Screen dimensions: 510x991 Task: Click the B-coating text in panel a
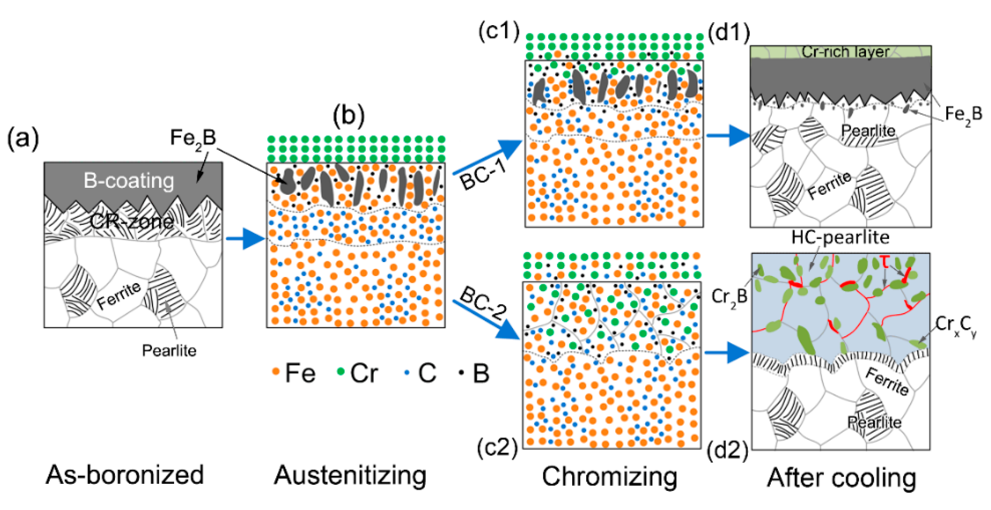coord(129,181)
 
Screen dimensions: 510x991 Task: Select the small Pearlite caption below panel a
coord(169,350)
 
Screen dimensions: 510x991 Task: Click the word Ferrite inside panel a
coord(119,295)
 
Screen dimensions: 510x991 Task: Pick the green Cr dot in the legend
coord(340,371)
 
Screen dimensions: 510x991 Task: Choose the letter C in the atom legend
coord(427,373)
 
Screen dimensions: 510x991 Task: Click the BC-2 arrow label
coord(483,304)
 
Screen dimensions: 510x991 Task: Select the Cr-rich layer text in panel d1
coord(845,51)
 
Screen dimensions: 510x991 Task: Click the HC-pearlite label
coord(840,237)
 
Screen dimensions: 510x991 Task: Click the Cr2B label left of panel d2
coord(729,296)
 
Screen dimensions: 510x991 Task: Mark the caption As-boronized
coord(125,475)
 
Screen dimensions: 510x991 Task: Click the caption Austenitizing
coord(350,476)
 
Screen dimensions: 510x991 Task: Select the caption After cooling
coord(841,478)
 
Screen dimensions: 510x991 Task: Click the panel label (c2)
coord(498,448)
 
